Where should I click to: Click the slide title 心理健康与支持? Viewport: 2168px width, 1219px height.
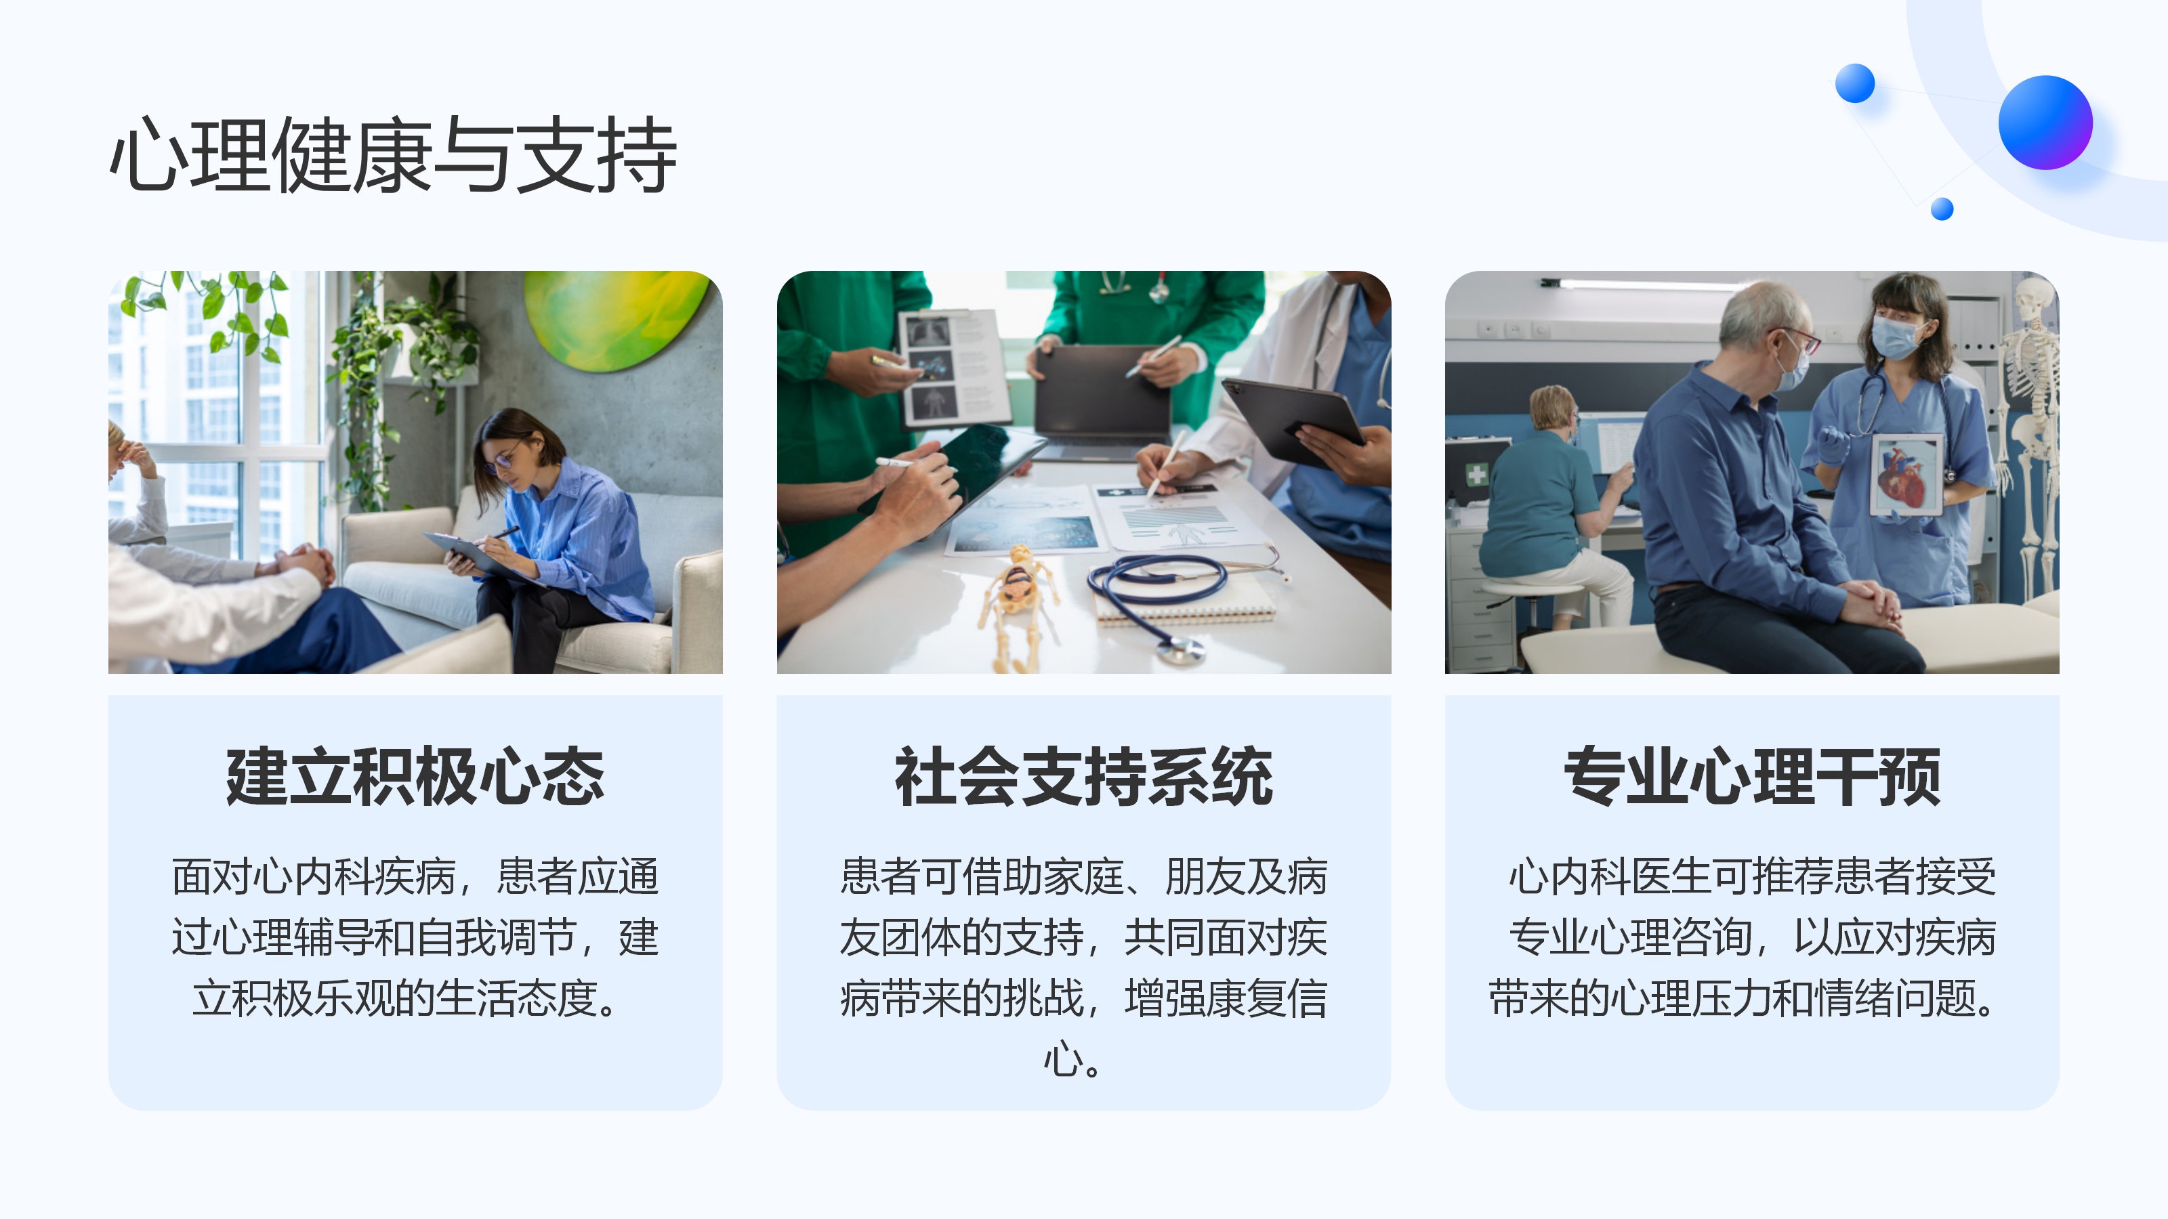pyautogui.click(x=393, y=155)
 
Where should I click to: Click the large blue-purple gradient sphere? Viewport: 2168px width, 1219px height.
pyautogui.click(x=2045, y=122)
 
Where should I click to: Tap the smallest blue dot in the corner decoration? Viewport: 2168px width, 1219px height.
pyautogui.click(x=1942, y=209)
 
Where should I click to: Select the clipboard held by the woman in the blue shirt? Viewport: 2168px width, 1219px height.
pyautogui.click(x=476, y=553)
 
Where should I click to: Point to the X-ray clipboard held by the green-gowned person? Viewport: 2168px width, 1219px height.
pyautogui.click(x=953, y=368)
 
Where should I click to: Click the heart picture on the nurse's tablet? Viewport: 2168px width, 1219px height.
pyautogui.click(x=1904, y=475)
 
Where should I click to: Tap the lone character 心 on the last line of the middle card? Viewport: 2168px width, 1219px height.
pyautogui.click(x=1062, y=1059)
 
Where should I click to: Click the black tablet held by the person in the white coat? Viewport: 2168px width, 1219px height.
pyautogui.click(x=1292, y=421)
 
